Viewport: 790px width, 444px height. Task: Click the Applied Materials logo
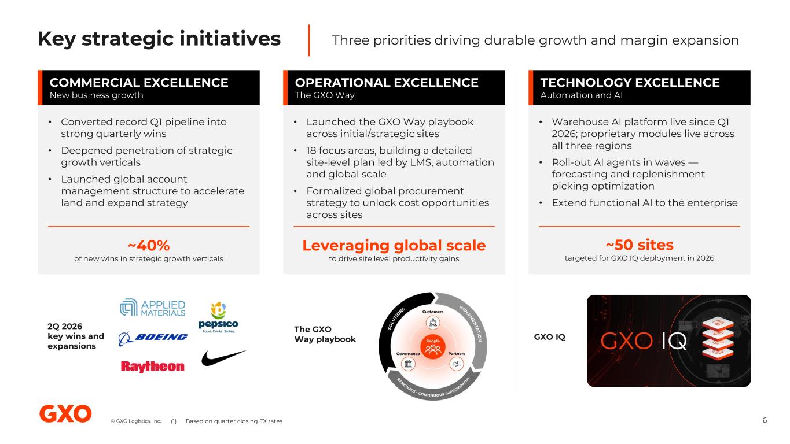point(152,308)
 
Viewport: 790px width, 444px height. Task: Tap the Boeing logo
point(153,338)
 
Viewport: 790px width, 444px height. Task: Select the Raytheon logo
point(152,367)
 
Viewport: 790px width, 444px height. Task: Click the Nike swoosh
point(223,358)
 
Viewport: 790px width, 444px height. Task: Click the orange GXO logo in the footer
point(65,413)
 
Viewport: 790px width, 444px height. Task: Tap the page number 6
point(765,420)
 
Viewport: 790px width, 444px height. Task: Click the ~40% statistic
point(149,246)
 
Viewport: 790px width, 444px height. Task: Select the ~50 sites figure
point(640,245)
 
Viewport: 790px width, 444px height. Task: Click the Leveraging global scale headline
point(394,246)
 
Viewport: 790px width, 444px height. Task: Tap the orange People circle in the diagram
point(433,347)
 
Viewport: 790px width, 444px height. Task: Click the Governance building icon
point(408,364)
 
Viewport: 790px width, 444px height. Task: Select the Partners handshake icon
point(457,364)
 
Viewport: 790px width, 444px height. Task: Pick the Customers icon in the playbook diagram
point(433,323)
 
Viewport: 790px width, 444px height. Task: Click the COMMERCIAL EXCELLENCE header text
point(139,83)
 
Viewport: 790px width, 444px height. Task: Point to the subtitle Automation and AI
point(581,95)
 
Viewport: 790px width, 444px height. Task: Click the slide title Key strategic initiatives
point(159,39)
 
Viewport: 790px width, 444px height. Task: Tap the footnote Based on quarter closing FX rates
point(234,421)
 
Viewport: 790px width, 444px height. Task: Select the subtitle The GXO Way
point(325,95)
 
